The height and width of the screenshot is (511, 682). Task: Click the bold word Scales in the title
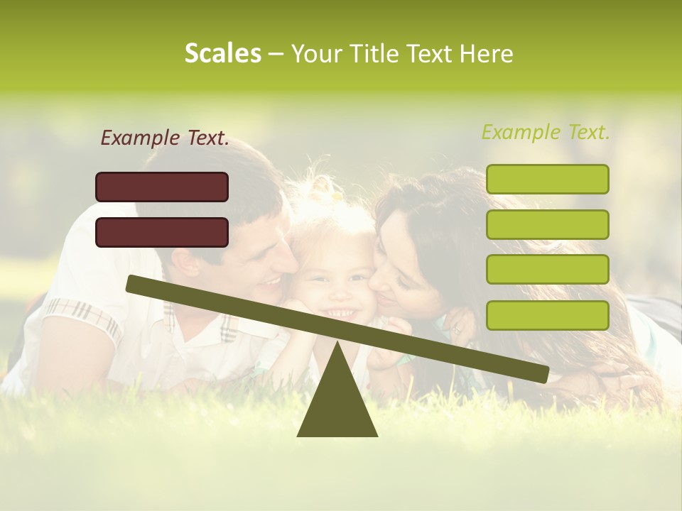(222, 54)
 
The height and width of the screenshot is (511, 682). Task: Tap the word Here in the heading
(486, 54)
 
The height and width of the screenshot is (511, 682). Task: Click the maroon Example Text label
(165, 138)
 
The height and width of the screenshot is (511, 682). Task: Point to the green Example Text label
(546, 132)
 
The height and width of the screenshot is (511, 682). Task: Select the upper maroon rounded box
(162, 187)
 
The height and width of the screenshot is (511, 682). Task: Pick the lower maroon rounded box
(162, 232)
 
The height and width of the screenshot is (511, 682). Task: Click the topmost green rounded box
(547, 179)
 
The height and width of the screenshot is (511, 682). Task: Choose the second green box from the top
(547, 224)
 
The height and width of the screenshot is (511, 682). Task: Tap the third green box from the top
(547, 269)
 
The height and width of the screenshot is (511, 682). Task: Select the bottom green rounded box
(547, 315)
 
